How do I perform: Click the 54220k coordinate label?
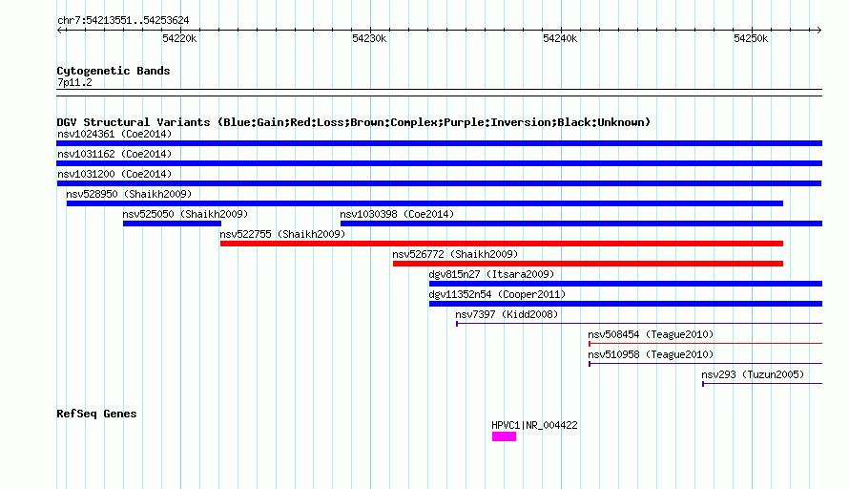click(179, 38)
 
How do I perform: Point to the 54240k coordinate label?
click(560, 38)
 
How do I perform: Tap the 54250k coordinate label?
click(751, 38)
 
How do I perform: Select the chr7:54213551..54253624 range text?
click(123, 21)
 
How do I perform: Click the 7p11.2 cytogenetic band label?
click(74, 83)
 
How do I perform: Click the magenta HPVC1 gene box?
click(504, 436)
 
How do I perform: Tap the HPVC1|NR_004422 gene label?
click(534, 426)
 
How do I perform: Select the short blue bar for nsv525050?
click(172, 223)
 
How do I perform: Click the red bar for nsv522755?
click(502, 244)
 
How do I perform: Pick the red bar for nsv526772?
click(588, 264)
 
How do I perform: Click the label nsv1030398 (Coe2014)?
click(397, 214)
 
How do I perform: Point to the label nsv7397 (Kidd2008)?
click(507, 314)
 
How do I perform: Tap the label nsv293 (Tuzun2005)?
click(753, 374)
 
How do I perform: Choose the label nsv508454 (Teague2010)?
click(651, 334)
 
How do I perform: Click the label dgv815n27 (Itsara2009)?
click(491, 274)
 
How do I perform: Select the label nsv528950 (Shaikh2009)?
click(129, 194)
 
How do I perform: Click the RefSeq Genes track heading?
click(96, 414)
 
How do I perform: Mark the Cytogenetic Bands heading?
click(114, 71)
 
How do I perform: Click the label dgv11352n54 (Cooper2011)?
click(497, 294)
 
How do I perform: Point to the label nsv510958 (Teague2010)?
click(651, 354)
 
